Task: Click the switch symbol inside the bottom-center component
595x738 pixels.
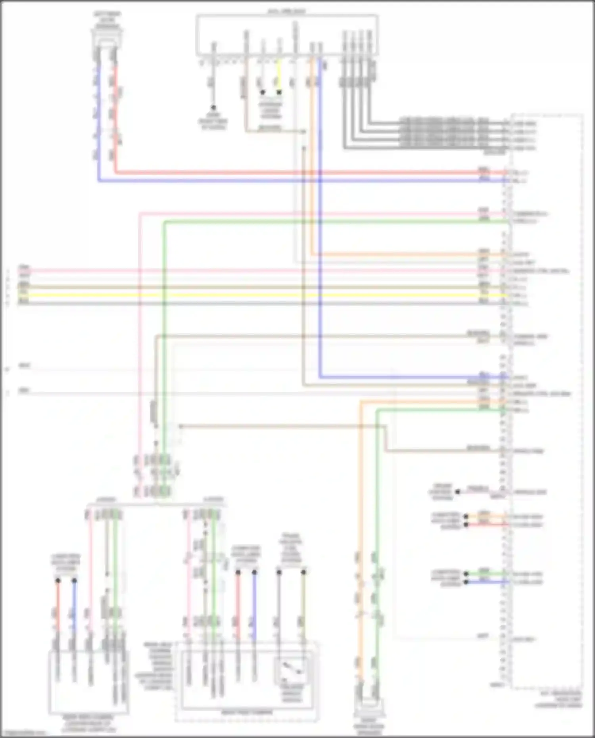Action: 292,670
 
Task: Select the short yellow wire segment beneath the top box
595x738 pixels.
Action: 279,75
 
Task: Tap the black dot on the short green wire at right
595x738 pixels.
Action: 466,574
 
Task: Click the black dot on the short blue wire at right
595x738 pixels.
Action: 466,582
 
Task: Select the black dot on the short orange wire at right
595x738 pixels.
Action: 466,517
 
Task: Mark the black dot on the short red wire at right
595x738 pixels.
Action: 466,525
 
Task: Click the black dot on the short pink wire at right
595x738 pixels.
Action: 457,492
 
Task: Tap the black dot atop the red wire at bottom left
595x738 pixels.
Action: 58,581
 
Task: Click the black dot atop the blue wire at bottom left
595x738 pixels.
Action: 75,581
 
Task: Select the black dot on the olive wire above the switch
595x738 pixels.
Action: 303,572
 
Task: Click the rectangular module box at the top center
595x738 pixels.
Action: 287,35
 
